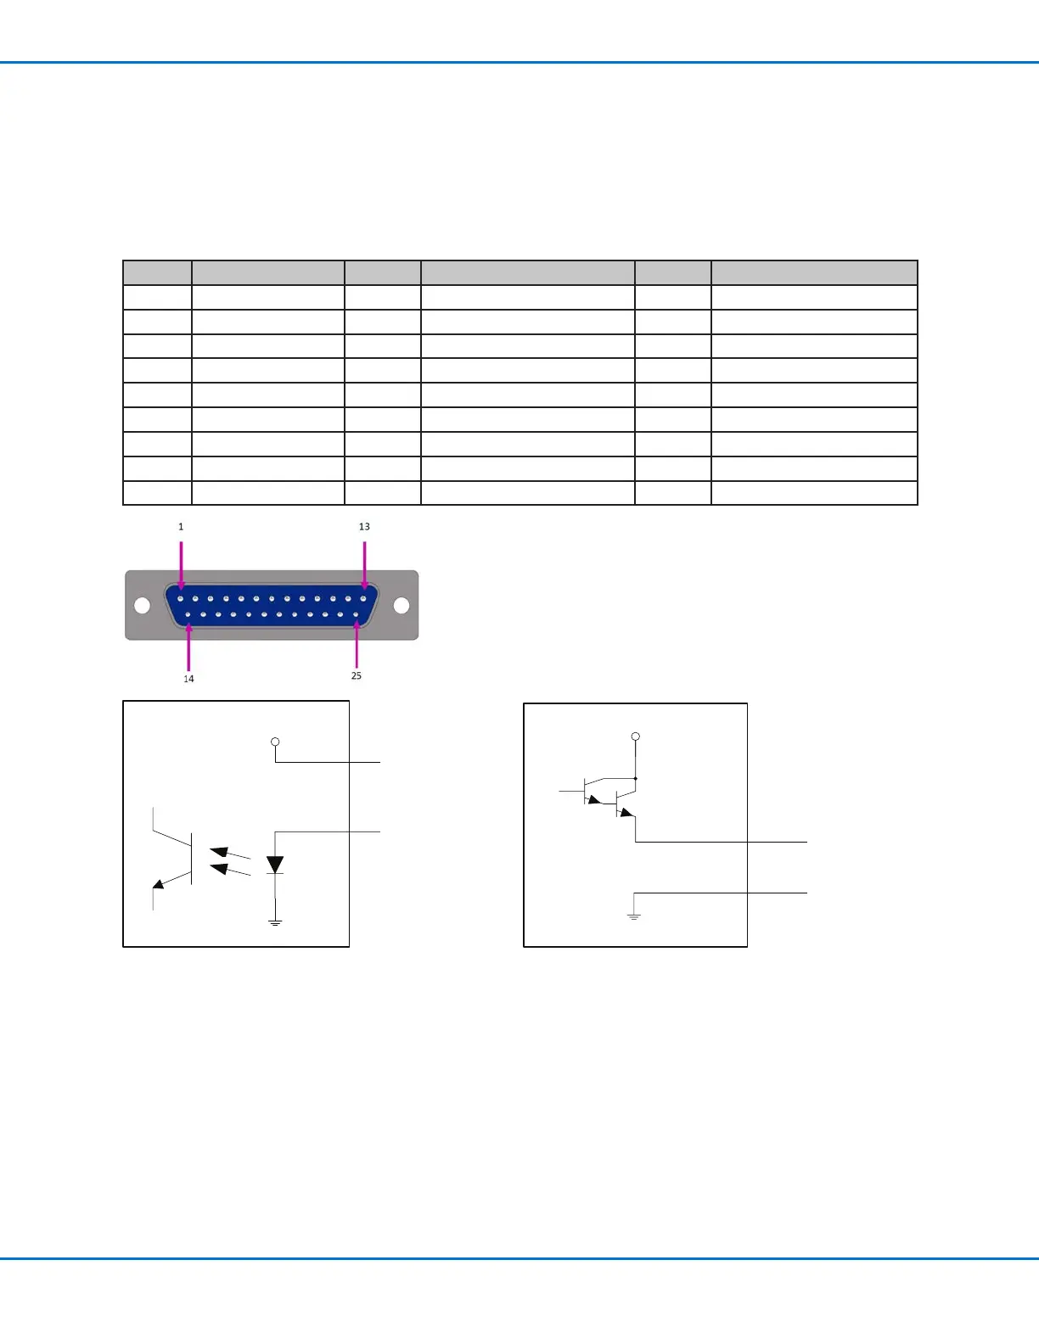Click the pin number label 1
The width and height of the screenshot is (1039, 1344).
[181, 527]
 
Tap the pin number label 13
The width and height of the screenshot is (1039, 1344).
[364, 527]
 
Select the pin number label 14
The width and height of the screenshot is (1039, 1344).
[188, 679]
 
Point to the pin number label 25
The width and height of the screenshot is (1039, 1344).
[357, 676]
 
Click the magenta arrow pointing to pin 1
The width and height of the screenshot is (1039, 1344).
[181, 564]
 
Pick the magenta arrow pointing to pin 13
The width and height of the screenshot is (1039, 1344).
[364, 564]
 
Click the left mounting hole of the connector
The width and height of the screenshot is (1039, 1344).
[143, 606]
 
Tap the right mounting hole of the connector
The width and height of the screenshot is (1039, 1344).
[402, 606]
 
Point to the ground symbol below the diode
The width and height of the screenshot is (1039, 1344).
[275, 921]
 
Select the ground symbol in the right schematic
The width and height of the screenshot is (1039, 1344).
[633, 916]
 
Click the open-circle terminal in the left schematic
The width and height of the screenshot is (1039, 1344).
[275, 742]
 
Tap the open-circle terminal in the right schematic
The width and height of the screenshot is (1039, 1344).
[635, 736]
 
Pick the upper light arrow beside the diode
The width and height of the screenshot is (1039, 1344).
[229, 853]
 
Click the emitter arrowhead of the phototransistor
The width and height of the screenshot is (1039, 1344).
[159, 884]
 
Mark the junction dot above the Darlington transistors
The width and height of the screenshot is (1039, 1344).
[636, 778]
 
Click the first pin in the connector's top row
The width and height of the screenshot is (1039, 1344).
[181, 598]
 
